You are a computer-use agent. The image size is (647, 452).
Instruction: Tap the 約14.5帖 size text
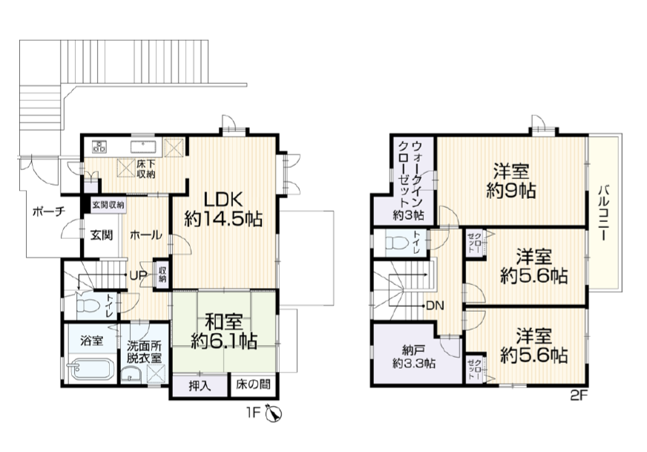223,219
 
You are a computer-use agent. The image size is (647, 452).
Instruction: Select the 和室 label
224,322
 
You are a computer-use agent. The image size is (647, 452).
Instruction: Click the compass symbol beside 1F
273,413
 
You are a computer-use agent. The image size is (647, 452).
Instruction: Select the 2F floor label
579,396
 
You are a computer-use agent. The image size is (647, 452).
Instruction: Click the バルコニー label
604,213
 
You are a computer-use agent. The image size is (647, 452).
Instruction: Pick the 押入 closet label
200,385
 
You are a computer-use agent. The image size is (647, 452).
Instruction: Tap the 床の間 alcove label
253,384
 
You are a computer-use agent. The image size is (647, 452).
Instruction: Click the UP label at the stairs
137,275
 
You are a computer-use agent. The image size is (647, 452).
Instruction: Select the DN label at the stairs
435,306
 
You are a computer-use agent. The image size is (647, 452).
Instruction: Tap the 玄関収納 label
108,205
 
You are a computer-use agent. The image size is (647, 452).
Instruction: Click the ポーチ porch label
49,212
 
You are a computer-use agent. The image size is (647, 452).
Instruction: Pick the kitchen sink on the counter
144,146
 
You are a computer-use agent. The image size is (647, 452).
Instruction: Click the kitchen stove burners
99,146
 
